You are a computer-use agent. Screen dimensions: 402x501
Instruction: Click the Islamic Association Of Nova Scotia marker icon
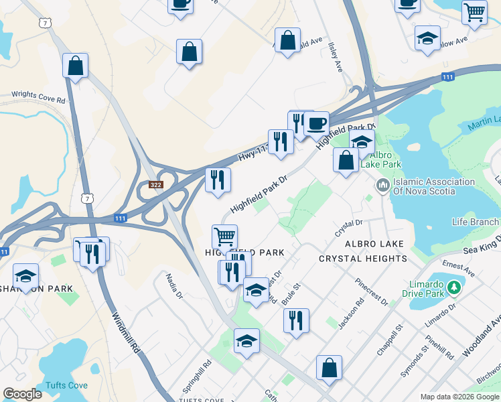(383, 184)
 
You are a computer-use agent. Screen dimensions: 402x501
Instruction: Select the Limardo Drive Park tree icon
(455, 287)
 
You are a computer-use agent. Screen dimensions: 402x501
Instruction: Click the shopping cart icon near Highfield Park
(224, 236)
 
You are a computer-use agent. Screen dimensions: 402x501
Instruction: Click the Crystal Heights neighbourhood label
(362, 258)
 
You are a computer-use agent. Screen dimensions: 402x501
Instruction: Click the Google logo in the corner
(23, 394)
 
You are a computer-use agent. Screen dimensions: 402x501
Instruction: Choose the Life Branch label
(476, 222)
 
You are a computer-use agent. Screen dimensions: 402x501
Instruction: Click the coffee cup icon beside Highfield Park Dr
(316, 123)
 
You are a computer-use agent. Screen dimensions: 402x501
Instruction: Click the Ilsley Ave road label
(336, 59)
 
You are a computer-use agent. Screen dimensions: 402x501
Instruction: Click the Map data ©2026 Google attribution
(459, 397)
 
